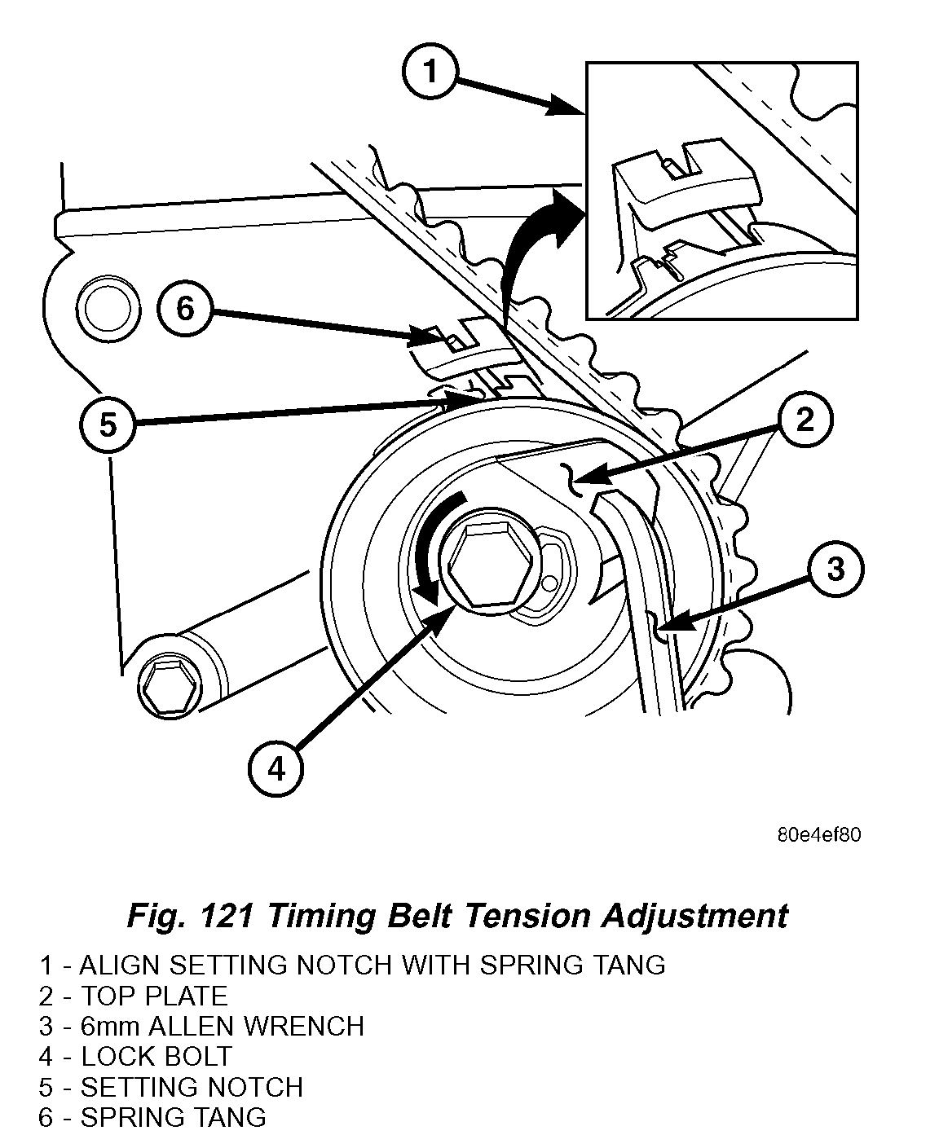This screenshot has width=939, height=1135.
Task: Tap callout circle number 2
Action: (x=805, y=421)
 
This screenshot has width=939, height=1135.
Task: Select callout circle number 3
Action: (x=836, y=569)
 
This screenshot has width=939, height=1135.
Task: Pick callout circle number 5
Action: (x=108, y=425)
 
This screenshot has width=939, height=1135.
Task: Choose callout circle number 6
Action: (x=186, y=310)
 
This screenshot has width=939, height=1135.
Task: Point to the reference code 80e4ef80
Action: (x=818, y=835)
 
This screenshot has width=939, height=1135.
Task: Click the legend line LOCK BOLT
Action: (x=155, y=1057)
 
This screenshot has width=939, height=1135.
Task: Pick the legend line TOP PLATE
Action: (x=154, y=996)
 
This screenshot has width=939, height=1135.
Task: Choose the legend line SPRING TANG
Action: (x=173, y=1117)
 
